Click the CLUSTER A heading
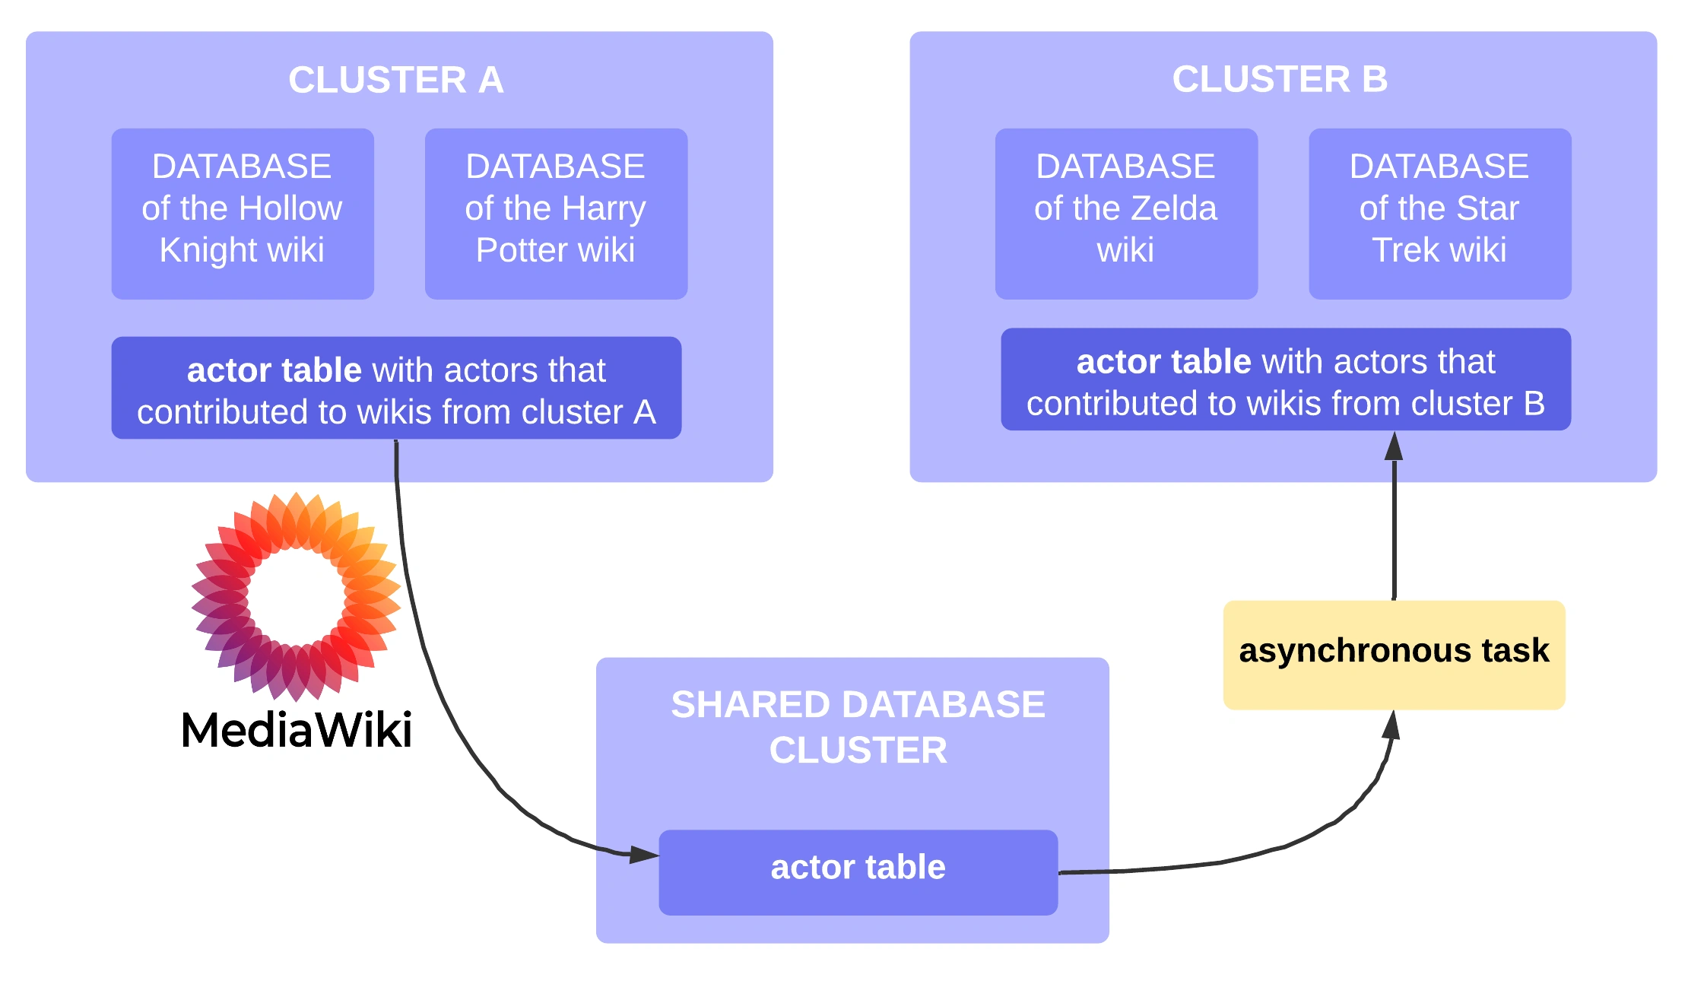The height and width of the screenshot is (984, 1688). [x=395, y=80]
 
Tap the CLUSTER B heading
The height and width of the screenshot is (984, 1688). [x=1280, y=79]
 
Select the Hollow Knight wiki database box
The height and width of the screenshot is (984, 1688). [x=243, y=213]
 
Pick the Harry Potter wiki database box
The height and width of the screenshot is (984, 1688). [x=556, y=213]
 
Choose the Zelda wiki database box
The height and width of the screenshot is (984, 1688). [x=1126, y=213]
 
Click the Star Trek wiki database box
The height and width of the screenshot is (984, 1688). [x=1439, y=213]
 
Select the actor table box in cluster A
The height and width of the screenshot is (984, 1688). [x=396, y=388]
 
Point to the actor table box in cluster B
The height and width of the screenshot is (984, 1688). [x=1285, y=379]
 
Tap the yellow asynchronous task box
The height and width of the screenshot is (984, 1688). [x=1394, y=655]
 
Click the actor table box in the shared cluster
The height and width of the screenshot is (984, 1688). [x=858, y=871]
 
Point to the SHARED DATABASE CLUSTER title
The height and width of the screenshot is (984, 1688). [x=858, y=727]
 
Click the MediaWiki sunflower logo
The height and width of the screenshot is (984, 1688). [x=296, y=596]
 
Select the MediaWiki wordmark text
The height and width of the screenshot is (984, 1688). [x=297, y=730]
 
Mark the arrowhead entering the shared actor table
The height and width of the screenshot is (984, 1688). [x=645, y=855]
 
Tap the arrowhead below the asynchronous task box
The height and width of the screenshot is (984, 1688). [x=1391, y=725]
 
